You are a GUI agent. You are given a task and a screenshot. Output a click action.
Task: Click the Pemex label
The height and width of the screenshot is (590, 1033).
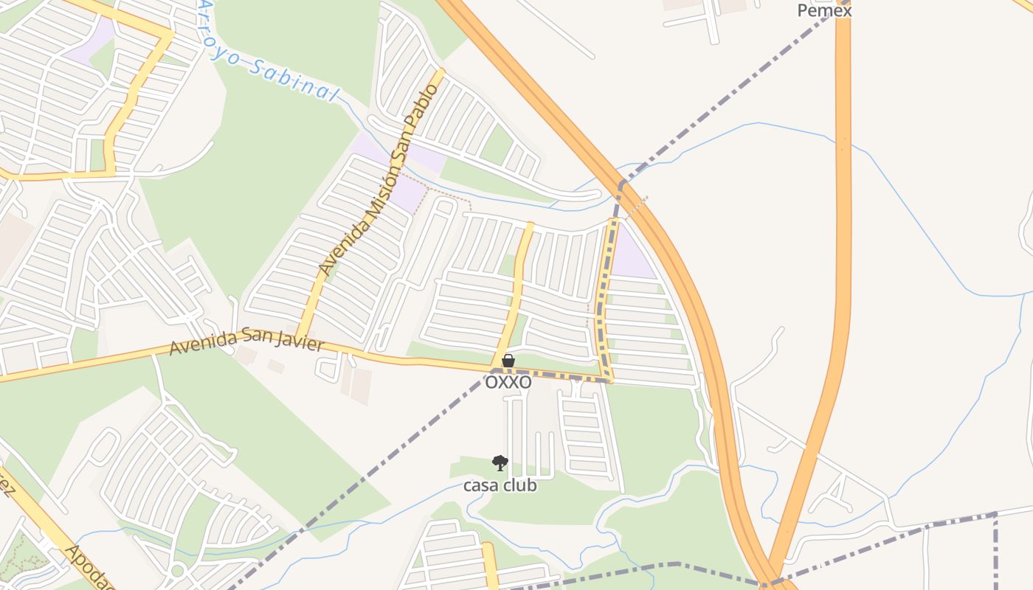coord(824,10)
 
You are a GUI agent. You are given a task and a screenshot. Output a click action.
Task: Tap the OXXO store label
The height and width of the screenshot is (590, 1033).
coord(508,382)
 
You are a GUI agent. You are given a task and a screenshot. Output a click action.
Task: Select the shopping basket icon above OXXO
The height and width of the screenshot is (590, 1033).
coord(508,361)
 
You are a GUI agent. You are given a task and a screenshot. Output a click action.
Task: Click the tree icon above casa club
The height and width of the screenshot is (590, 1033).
coord(500,463)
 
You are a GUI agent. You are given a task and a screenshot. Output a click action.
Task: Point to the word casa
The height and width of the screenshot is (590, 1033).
coord(480,486)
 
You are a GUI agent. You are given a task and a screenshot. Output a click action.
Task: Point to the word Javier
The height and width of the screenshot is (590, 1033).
coord(296,342)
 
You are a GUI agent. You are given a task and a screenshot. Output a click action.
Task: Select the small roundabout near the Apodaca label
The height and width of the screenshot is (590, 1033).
coord(177,569)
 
